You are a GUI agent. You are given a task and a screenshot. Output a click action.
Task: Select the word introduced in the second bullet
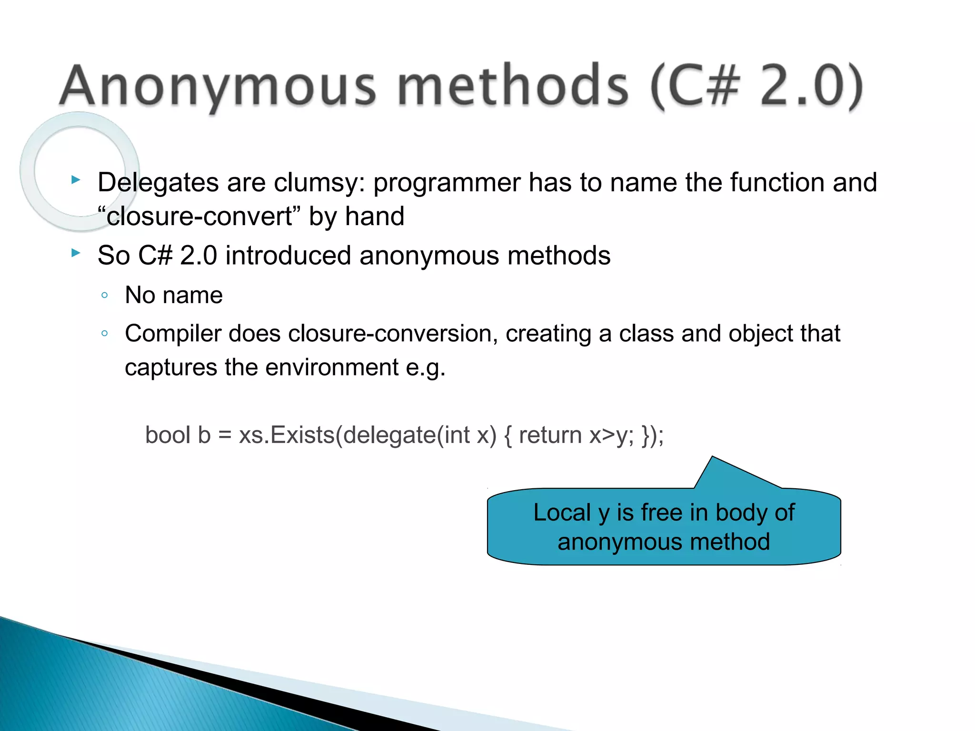pyautogui.click(x=288, y=256)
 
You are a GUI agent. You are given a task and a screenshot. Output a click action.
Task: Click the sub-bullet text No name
pyautogui.click(x=174, y=295)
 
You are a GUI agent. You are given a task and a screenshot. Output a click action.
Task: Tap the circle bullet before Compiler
pyautogui.click(x=105, y=334)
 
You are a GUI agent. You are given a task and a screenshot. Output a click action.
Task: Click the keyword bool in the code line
pyautogui.click(x=167, y=435)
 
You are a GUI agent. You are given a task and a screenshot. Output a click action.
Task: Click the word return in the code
pyautogui.click(x=550, y=435)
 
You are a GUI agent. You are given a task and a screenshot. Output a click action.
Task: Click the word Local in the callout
pyautogui.click(x=562, y=513)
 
